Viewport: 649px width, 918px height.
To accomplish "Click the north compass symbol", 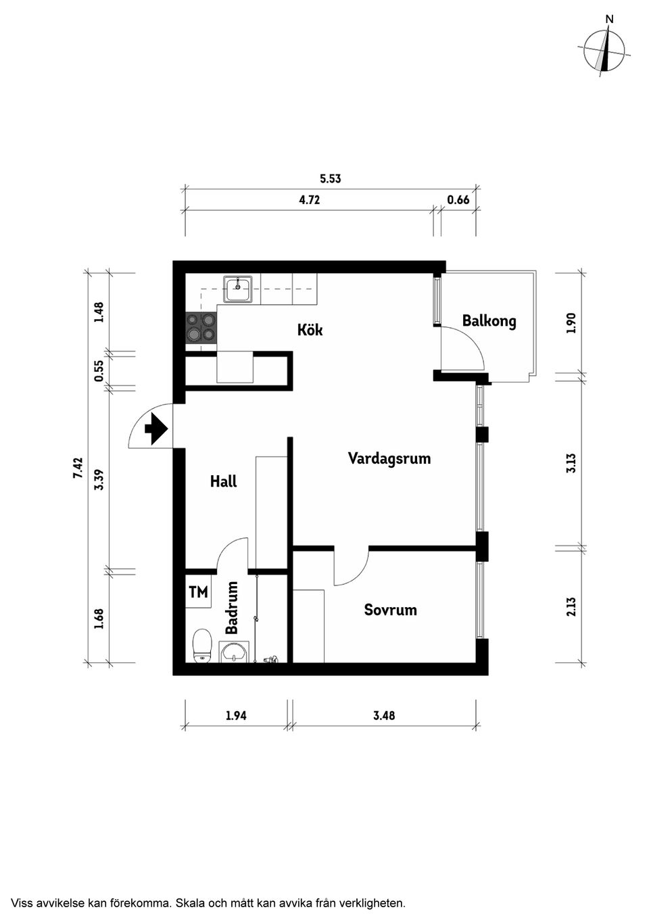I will click(606, 51).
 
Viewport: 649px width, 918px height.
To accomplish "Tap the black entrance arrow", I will click(157, 428).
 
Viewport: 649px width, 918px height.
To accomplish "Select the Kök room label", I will click(310, 330).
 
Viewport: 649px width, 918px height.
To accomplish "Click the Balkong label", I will click(489, 320).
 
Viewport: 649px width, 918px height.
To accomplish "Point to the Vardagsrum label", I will click(389, 458).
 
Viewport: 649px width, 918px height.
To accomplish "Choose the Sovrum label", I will click(390, 610).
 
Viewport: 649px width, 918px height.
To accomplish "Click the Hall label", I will click(223, 481).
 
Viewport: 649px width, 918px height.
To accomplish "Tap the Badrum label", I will click(232, 608).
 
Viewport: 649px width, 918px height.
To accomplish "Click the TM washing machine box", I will click(198, 593).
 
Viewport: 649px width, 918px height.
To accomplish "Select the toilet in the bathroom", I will click(201, 646).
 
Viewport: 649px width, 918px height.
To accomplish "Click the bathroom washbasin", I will click(234, 652).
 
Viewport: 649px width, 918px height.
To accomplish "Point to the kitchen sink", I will click(238, 289).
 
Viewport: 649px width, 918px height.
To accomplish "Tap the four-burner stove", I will click(201, 327).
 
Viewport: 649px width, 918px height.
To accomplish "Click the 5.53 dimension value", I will click(330, 179).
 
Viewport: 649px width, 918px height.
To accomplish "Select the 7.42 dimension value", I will click(78, 468).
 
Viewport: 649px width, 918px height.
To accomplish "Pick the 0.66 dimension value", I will click(458, 200).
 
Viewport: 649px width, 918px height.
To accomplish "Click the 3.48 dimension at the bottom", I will click(384, 715).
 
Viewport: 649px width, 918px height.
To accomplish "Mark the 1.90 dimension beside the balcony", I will click(571, 322).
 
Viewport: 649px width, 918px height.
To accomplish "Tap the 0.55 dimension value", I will click(99, 370).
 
